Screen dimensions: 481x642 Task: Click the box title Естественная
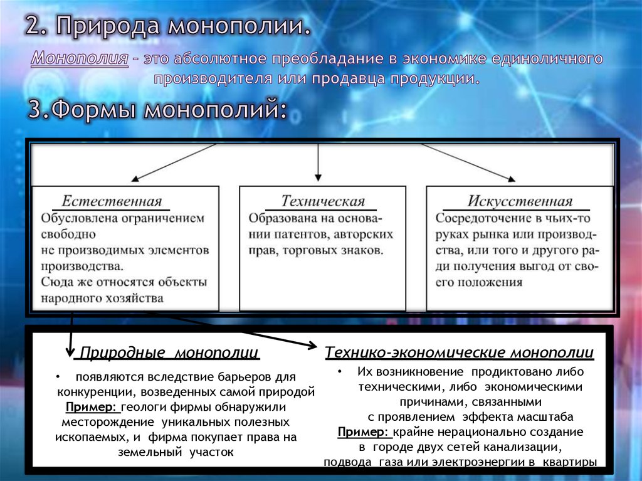(112, 201)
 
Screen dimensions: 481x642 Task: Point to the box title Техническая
(323, 201)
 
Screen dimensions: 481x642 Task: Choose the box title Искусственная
(520, 201)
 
